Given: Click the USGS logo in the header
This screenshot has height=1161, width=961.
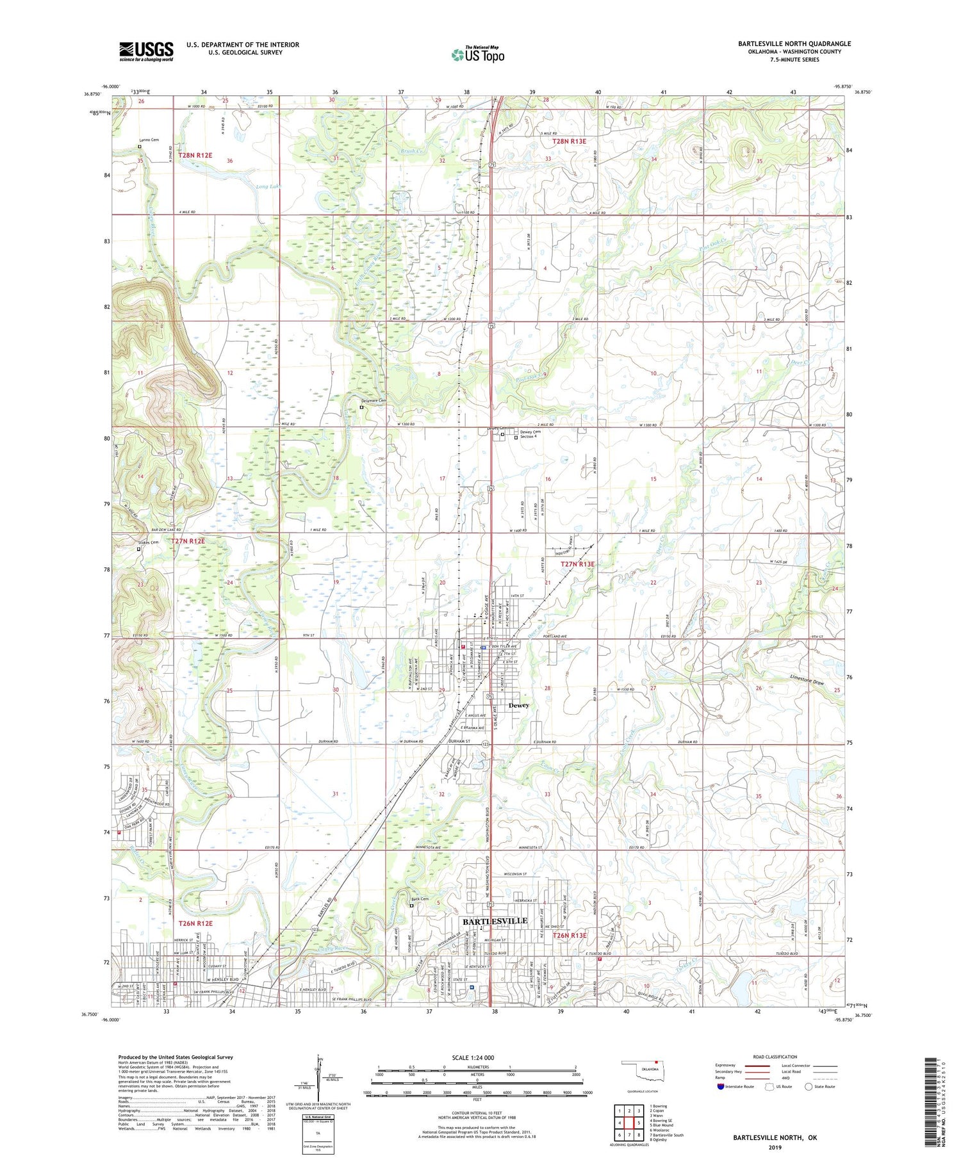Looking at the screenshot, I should pyautogui.click(x=146, y=51).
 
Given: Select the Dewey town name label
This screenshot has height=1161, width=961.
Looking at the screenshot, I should pyautogui.click(x=518, y=705).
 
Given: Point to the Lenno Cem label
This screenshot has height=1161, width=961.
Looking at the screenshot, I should pyautogui.click(x=149, y=140).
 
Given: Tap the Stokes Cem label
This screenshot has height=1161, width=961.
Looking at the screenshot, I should pyautogui.click(x=147, y=542).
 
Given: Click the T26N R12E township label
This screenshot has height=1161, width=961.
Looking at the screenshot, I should pyautogui.click(x=195, y=923).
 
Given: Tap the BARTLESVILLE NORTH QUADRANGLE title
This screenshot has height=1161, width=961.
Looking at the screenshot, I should pyautogui.click(x=794, y=44).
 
